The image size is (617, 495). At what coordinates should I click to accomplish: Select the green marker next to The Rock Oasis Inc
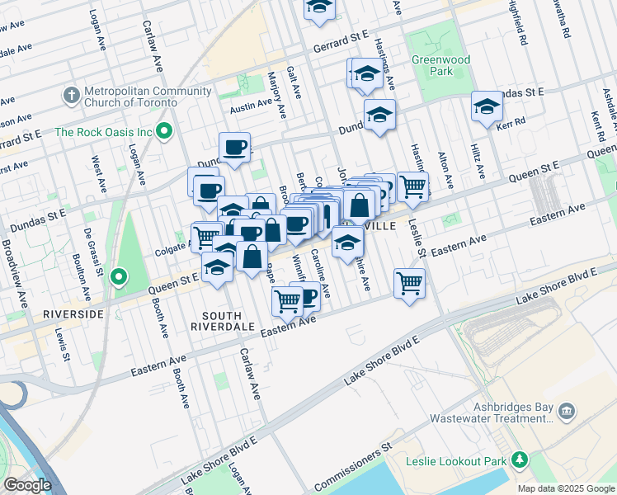[x=165, y=131]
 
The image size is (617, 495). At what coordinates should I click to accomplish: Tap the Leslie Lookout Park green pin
[x=520, y=460]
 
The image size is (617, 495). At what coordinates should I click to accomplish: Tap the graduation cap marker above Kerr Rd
[x=487, y=107]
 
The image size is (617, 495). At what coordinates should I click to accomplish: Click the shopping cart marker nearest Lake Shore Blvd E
[x=409, y=283]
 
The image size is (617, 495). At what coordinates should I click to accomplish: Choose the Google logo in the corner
[x=27, y=484]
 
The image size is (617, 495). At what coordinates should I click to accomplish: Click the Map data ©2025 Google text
[x=565, y=488]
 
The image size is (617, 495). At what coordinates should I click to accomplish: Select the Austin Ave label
[x=251, y=105]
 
